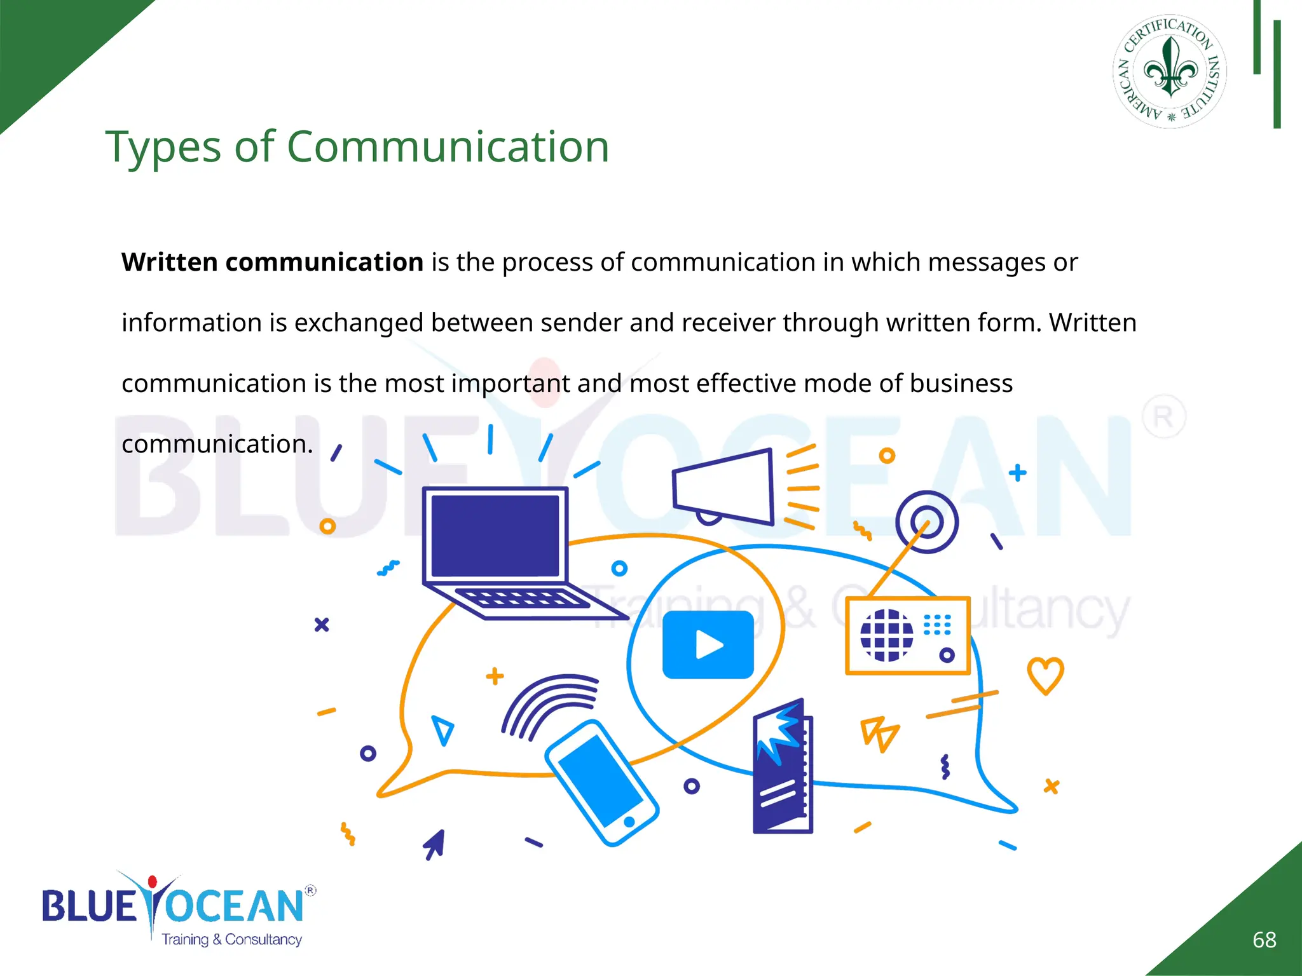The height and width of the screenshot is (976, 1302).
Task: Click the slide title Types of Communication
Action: point(357,147)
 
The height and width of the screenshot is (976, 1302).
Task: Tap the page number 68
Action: point(1264,940)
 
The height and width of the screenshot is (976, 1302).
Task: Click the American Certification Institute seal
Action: point(1170,71)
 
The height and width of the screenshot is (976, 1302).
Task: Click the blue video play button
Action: point(708,644)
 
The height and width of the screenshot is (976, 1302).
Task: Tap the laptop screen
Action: point(495,536)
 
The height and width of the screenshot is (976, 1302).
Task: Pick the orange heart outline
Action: point(1045,675)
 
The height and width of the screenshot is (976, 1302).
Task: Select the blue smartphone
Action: point(601,783)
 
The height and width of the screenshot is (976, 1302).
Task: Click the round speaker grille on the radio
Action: point(886,635)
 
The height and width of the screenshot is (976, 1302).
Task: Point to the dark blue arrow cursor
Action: point(435,844)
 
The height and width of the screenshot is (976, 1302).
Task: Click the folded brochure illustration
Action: point(782,768)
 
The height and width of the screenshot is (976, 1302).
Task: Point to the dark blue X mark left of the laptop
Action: point(322,625)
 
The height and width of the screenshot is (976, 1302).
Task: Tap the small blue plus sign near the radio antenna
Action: point(1017,473)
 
